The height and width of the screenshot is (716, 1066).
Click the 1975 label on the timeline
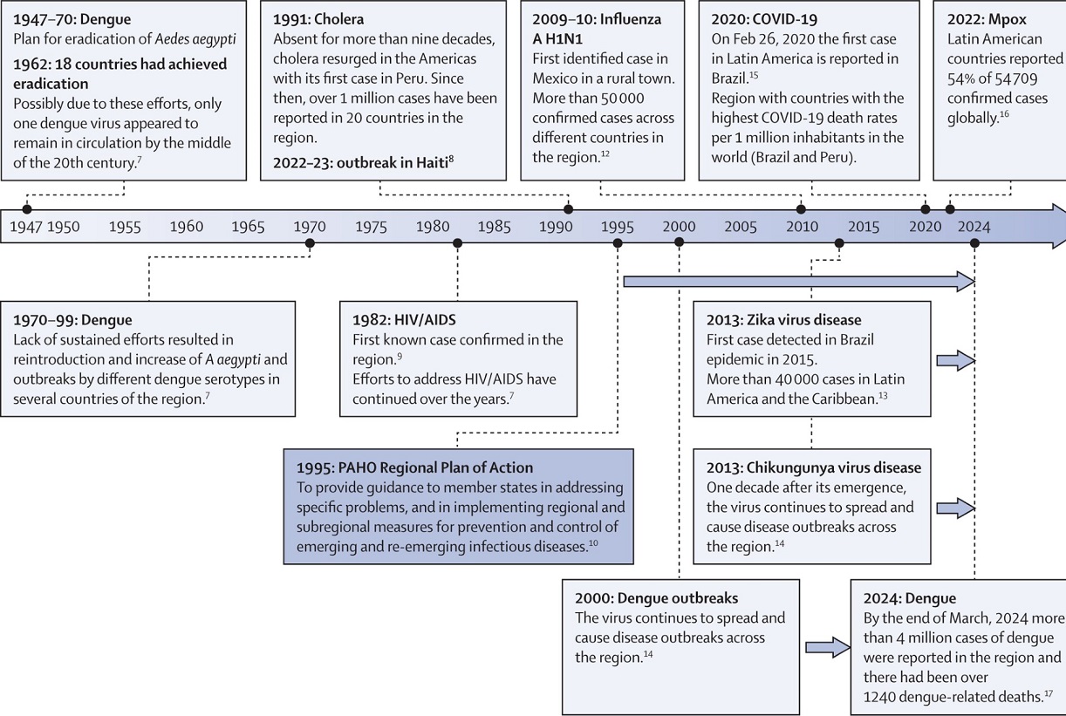[371, 227]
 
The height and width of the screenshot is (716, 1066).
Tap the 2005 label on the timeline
[741, 227]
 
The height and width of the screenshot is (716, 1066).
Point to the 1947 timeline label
[24, 227]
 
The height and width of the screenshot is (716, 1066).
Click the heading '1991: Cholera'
[318, 18]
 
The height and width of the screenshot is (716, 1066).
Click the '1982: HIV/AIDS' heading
[404, 320]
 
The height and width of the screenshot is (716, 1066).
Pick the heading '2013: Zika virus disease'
[783, 320]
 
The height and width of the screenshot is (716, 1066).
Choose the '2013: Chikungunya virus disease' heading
[813, 467]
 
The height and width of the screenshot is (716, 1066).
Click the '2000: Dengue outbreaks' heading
[656, 598]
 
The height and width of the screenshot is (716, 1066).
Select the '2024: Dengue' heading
[909, 598]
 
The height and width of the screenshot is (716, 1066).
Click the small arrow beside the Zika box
[954, 359]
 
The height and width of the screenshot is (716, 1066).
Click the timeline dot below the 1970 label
[310, 243]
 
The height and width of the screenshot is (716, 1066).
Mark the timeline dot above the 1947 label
[27, 208]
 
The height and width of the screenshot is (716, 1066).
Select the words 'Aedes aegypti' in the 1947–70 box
[194, 39]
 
